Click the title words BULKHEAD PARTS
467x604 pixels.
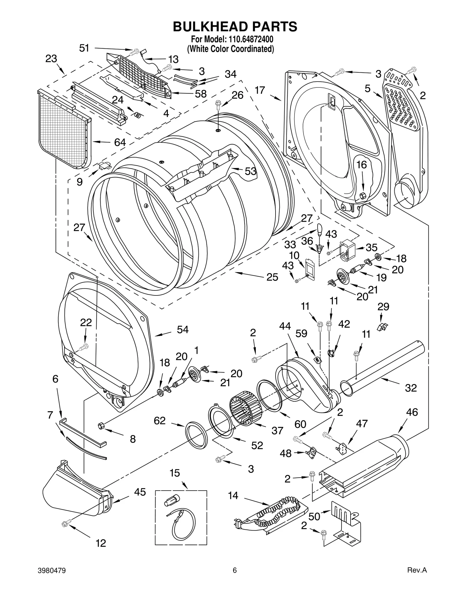tap(235, 27)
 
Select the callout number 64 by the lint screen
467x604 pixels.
tap(120, 142)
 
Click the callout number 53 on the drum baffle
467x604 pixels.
tap(250, 171)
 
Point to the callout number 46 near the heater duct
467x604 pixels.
tap(412, 412)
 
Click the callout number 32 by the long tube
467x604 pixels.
tap(411, 388)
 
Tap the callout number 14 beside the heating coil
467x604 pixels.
tap(233, 495)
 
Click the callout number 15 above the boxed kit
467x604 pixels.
tap(175, 473)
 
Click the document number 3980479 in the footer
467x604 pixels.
tap(52, 579)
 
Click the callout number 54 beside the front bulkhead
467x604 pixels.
tap(183, 330)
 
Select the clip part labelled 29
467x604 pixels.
tap(381, 327)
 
